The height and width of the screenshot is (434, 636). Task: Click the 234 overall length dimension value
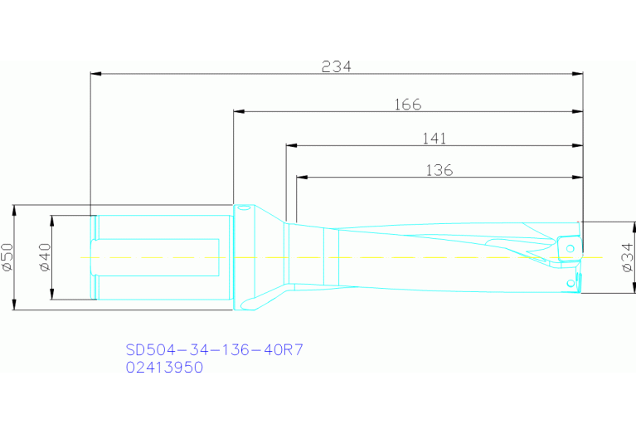click(x=337, y=67)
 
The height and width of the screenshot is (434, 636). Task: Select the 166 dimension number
click(x=408, y=105)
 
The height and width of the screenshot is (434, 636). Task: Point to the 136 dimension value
click(x=439, y=170)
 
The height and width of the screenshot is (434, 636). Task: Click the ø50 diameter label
click(x=7, y=257)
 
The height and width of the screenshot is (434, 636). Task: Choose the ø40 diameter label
click(x=45, y=257)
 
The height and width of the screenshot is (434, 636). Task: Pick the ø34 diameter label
click(x=628, y=257)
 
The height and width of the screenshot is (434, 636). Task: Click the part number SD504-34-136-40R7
click(x=215, y=350)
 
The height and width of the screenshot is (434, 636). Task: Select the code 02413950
click(x=164, y=368)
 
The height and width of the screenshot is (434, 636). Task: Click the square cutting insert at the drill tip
click(x=570, y=247)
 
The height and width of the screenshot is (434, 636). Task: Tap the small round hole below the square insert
click(x=570, y=283)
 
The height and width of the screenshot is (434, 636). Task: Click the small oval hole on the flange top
click(x=244, y=208)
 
